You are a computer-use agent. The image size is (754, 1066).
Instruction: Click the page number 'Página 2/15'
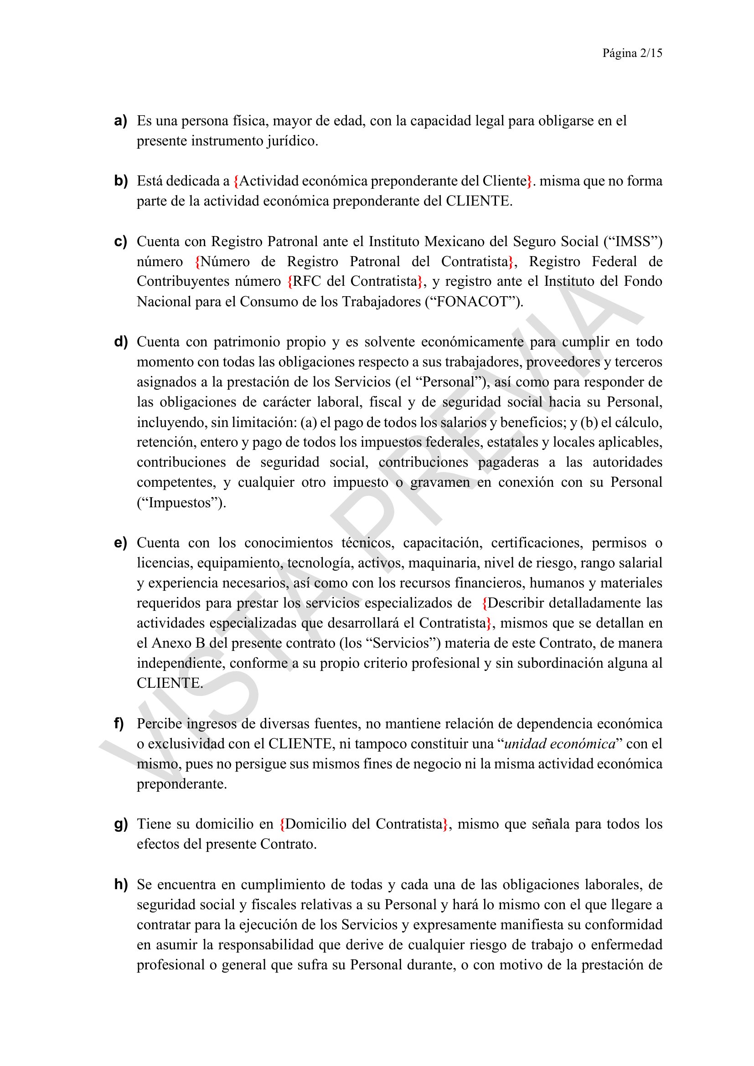point(632,53)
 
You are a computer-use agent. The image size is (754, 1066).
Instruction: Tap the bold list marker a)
point(120,121)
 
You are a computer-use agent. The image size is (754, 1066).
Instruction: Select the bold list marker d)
point(120,342)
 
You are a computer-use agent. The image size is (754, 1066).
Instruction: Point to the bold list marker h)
point(120,885)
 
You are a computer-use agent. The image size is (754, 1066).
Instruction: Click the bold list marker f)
point(119,723)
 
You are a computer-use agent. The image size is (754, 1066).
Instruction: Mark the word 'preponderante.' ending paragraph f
point(181,784)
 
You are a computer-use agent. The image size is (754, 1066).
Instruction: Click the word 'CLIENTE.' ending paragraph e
point(170,684)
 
